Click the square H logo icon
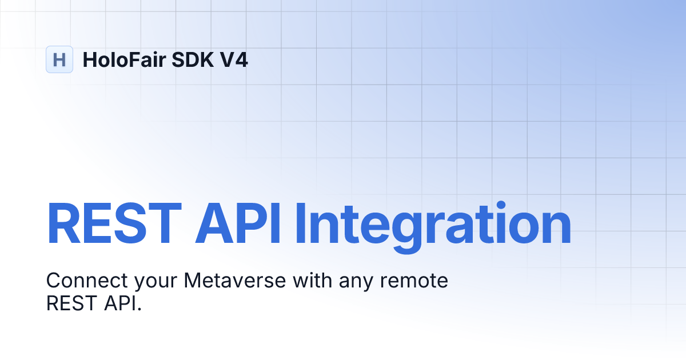[59, 59]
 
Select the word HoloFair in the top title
[125, 59]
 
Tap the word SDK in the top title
[193, 59]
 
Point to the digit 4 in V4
[241, 59]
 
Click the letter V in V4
[226, 59]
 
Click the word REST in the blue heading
[114, 224]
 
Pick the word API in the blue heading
[238, 224]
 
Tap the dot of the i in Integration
[501, 206]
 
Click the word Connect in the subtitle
[87, 281]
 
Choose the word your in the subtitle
[156, 283]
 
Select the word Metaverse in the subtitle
[235, 281]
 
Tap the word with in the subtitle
[312, 280]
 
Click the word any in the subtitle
[356, 283]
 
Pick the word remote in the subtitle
[414, 281]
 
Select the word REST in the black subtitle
[71, 303]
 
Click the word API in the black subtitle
[119, 303]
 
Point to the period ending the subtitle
[139, 310]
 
